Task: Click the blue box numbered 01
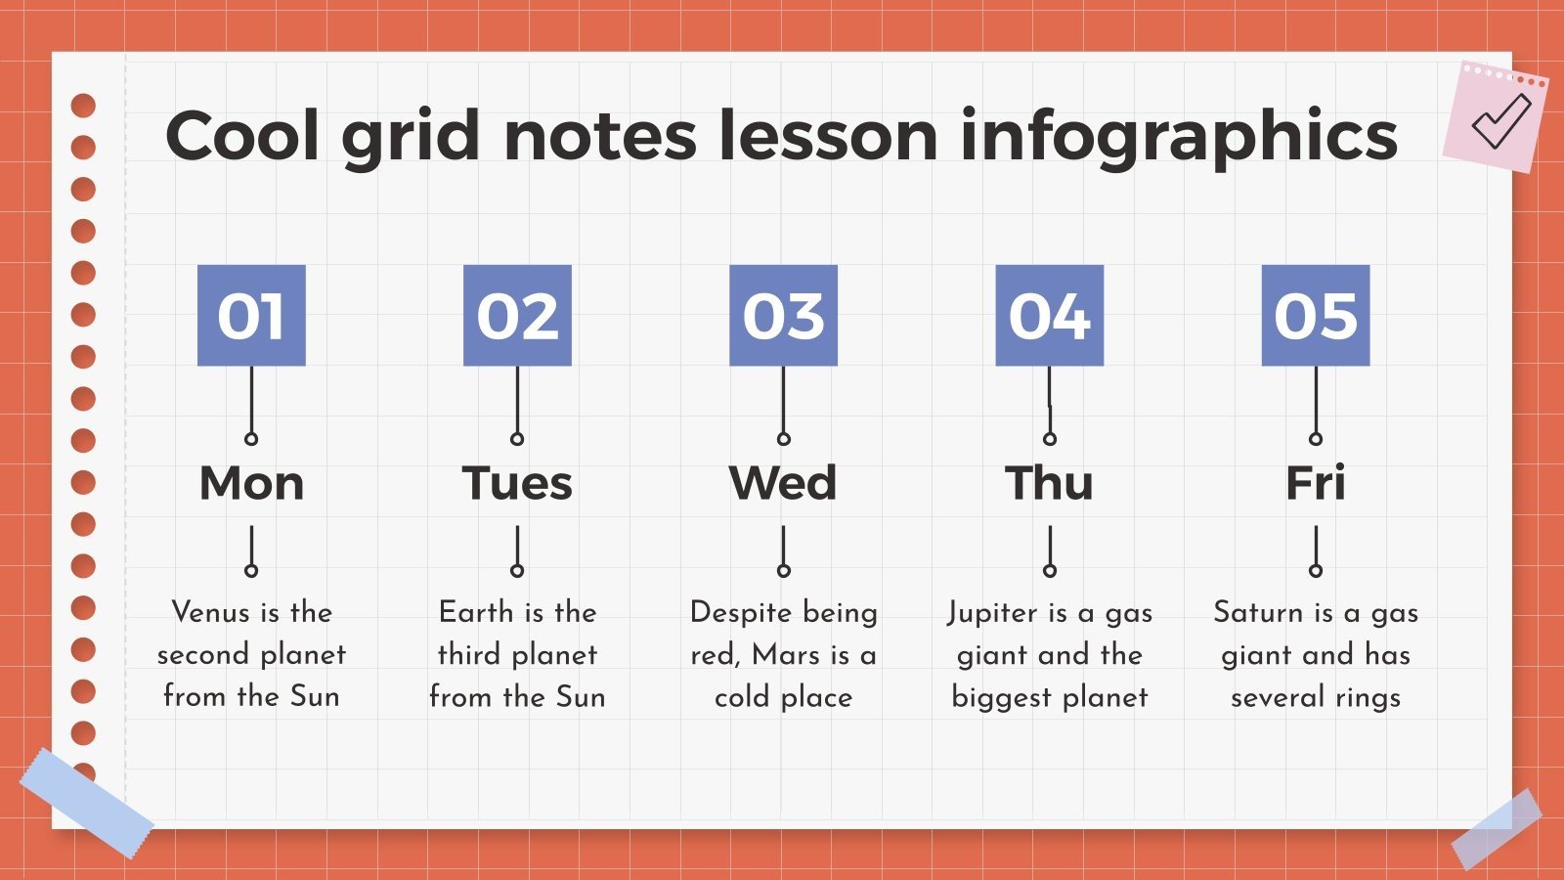click(251, 315)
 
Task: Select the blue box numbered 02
click(517, 315)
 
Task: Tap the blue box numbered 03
click(783, 315)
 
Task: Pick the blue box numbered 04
click(1049, 315)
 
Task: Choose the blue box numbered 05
click(1315, 315)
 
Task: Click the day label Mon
click(251, 483)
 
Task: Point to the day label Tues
click(517, 483)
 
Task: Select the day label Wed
click(783, 483)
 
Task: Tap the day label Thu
click(1049, 483)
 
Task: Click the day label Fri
click(1315, 483)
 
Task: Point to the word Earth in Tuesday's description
click(476, 612)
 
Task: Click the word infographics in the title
click(1179, 137)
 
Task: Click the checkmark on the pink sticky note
click(1500, 119)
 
